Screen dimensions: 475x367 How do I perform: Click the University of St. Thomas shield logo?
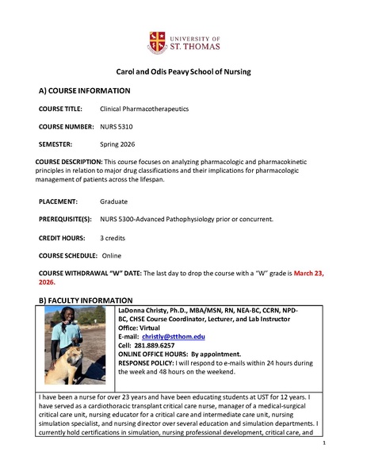pos(156,42)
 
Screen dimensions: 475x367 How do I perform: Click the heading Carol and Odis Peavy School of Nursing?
pos(183,71)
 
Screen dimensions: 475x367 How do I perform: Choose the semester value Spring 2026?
pos(119,144)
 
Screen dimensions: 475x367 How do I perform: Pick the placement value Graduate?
pos(114,201)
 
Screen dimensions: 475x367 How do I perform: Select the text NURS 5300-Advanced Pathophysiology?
pos(159,219)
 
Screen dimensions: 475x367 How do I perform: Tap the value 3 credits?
pos(115,238)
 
